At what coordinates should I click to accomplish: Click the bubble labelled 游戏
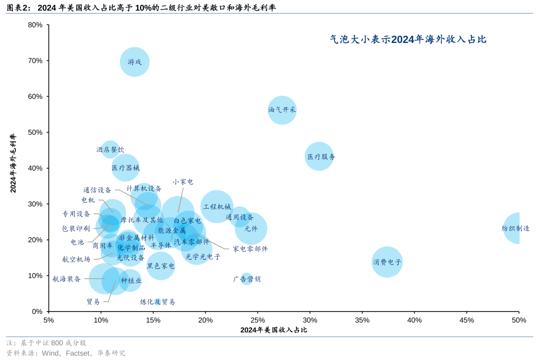(135, 62)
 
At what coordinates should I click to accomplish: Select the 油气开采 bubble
(282, 110)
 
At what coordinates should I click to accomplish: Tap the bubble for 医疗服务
(319, 156)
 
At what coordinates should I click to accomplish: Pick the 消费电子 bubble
(387, 262)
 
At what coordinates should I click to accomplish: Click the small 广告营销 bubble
(247, 279)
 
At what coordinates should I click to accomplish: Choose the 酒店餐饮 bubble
(110, 149)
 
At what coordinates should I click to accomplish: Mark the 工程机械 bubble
(217, 206)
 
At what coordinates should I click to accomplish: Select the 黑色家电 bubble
(161, 266)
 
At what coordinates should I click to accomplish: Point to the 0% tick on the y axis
(37, 311)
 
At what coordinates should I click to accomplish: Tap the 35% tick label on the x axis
(362, 320)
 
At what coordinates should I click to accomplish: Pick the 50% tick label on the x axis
(519, 320)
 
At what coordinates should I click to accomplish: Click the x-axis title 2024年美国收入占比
(273, 330)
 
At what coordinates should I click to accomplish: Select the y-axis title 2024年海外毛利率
(13, 163)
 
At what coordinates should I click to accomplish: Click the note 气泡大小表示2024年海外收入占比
(408, 39)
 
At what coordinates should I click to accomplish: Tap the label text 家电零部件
(251, 249)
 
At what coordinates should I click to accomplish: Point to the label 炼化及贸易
(158, 302)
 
